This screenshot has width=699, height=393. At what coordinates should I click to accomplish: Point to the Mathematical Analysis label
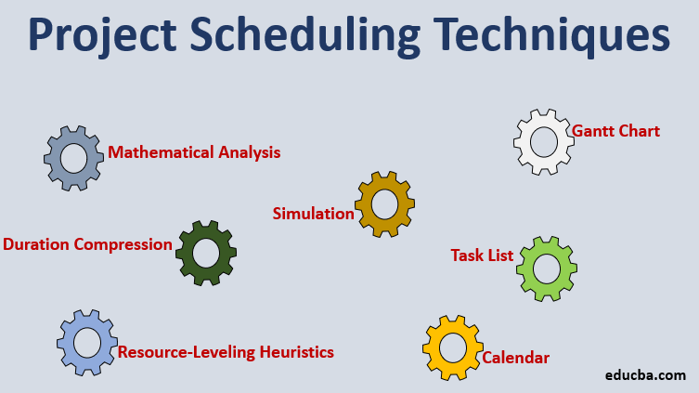click(x=194, y=152)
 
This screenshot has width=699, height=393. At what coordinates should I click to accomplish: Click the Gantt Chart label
click(x=615, y=131)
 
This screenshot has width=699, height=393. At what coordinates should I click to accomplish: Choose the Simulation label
click(x=313, y=214)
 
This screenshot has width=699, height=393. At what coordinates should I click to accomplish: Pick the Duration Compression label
click(x=88, y=245)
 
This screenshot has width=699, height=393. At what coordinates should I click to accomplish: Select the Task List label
click(x=482, y=255)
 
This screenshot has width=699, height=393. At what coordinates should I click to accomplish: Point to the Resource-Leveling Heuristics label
click(x=226, y=352)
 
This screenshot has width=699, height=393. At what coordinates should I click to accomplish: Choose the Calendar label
click(x=515, y=358)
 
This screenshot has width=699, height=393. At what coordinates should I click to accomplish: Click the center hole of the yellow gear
click(x=452, y=347)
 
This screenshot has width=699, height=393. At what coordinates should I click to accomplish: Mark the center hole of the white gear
click(x=543, y=142)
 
